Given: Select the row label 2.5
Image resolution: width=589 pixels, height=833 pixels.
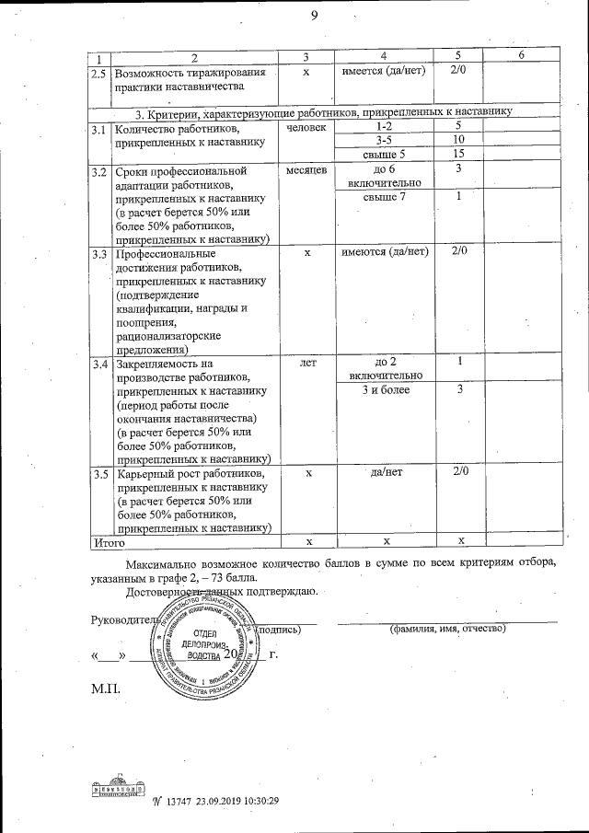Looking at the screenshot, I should (98, 72).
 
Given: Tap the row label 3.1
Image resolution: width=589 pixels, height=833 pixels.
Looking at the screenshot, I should (98, 129).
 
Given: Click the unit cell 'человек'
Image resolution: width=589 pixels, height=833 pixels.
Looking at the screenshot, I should (306, 127).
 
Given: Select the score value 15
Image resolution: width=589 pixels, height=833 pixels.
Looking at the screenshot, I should (457, 154).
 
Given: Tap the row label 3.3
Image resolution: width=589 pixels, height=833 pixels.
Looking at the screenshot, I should (98, 252).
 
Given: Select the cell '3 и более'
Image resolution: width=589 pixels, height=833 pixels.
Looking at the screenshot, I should (386, 389).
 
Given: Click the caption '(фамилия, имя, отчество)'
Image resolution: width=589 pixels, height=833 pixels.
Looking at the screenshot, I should (448, 629).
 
